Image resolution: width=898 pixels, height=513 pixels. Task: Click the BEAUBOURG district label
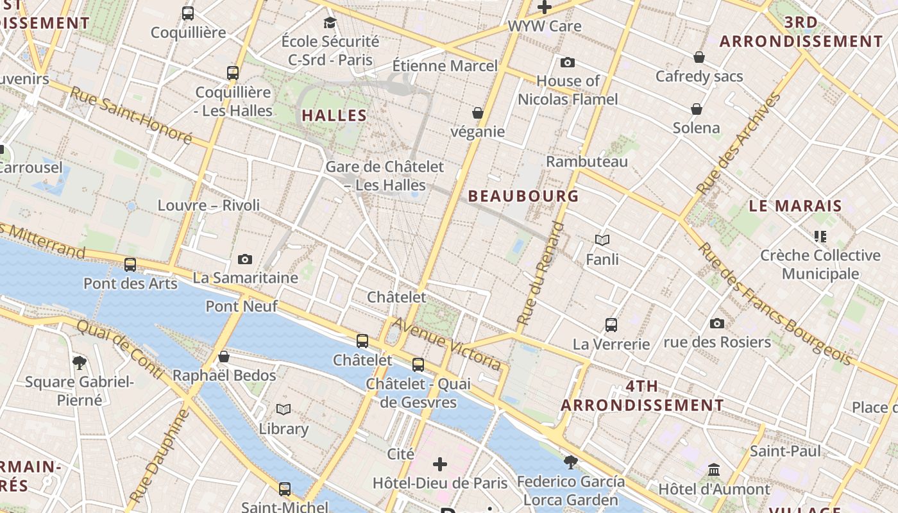click(x=523, y=196)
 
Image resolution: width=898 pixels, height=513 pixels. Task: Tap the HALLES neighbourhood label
click(x=334, y=116)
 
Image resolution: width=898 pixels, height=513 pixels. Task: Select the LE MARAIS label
click(x=795, y=206)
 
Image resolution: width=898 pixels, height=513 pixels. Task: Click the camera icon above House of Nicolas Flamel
click(x=568, y=62)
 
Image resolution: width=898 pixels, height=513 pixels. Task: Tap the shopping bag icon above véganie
click(x=477, y=113)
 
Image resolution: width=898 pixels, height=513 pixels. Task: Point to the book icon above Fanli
click(x=602, y=240)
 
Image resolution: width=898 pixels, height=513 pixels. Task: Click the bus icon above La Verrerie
click(x=611, y=324)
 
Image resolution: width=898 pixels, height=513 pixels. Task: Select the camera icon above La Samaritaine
click(x=244, y=259)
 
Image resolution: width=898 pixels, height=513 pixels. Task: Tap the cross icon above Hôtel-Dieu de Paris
click(x=440, y=464)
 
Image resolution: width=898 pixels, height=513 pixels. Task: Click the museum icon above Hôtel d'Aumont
click(x=714, y=470)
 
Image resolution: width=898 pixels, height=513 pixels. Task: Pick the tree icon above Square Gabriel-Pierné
click(x=80, y=363)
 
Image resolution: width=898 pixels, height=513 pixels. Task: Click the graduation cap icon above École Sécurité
click(x=330, y=23)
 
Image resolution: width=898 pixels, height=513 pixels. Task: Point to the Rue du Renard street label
click(x=541, y=274)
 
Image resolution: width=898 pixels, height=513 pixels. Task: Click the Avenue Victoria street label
click(x=446, y=344)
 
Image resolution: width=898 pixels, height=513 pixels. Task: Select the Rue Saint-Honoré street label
click(x=131, y=115)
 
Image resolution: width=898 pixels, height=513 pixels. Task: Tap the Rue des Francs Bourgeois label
click(x=775, y=303)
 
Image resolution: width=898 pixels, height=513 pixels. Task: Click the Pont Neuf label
click(x=241, y=307)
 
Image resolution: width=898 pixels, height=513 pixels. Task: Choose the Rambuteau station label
click(x=586, y=162)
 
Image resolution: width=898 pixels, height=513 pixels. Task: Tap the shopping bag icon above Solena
click(x=697, y=109)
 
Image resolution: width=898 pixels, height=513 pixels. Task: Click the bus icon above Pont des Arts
click(x=130, y=264)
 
